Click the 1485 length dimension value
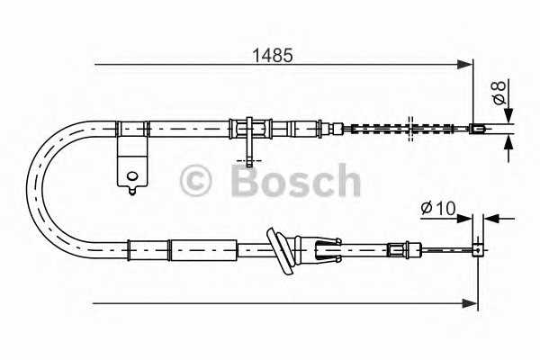click(272, 53)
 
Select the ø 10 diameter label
click(437, 210)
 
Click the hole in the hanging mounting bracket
click(132, 175)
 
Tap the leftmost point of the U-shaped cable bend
click(29, 186)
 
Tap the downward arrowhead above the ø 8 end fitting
click(508, 116)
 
